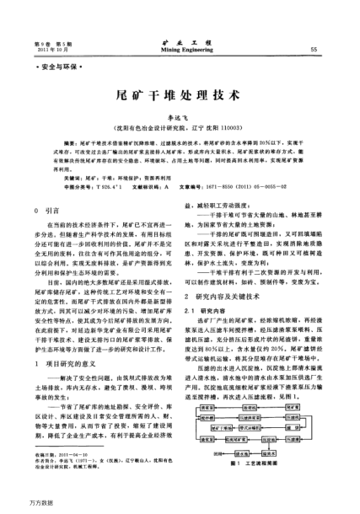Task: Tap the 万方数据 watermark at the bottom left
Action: click(x=17, y=505)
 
